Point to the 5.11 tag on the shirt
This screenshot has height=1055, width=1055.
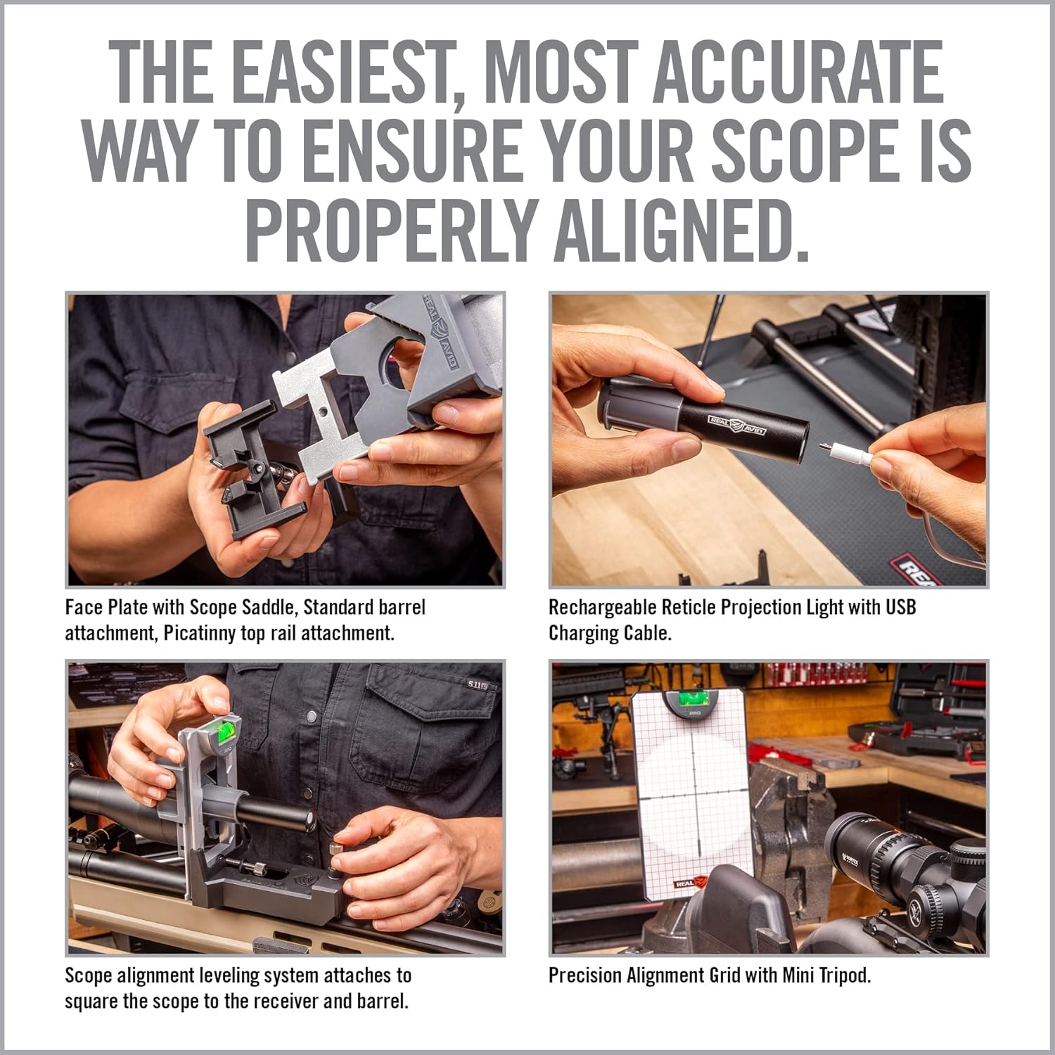(x=475, y=683)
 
